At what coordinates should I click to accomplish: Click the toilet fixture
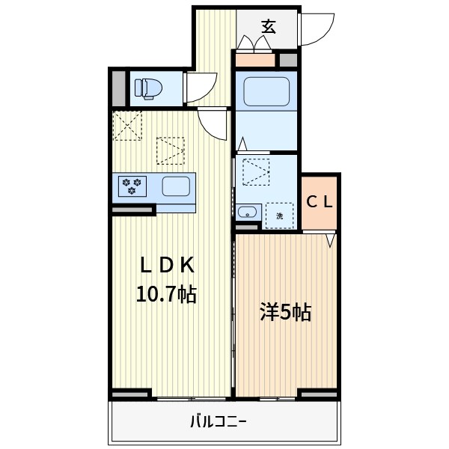click(147, 88)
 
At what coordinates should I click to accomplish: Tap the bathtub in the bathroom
click(266, 92)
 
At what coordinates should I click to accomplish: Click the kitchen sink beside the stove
click(176, 186)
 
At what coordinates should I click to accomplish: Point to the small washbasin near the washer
click(246, 212)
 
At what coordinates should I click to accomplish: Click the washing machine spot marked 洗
click(280, 216)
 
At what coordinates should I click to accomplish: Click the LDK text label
click(168, 265)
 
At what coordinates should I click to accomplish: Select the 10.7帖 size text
click(165, 294)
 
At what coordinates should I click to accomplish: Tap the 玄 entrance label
click(268, 27)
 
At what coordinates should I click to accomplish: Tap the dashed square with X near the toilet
click(127, 125)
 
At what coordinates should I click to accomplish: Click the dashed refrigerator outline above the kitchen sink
click(171, 150)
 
